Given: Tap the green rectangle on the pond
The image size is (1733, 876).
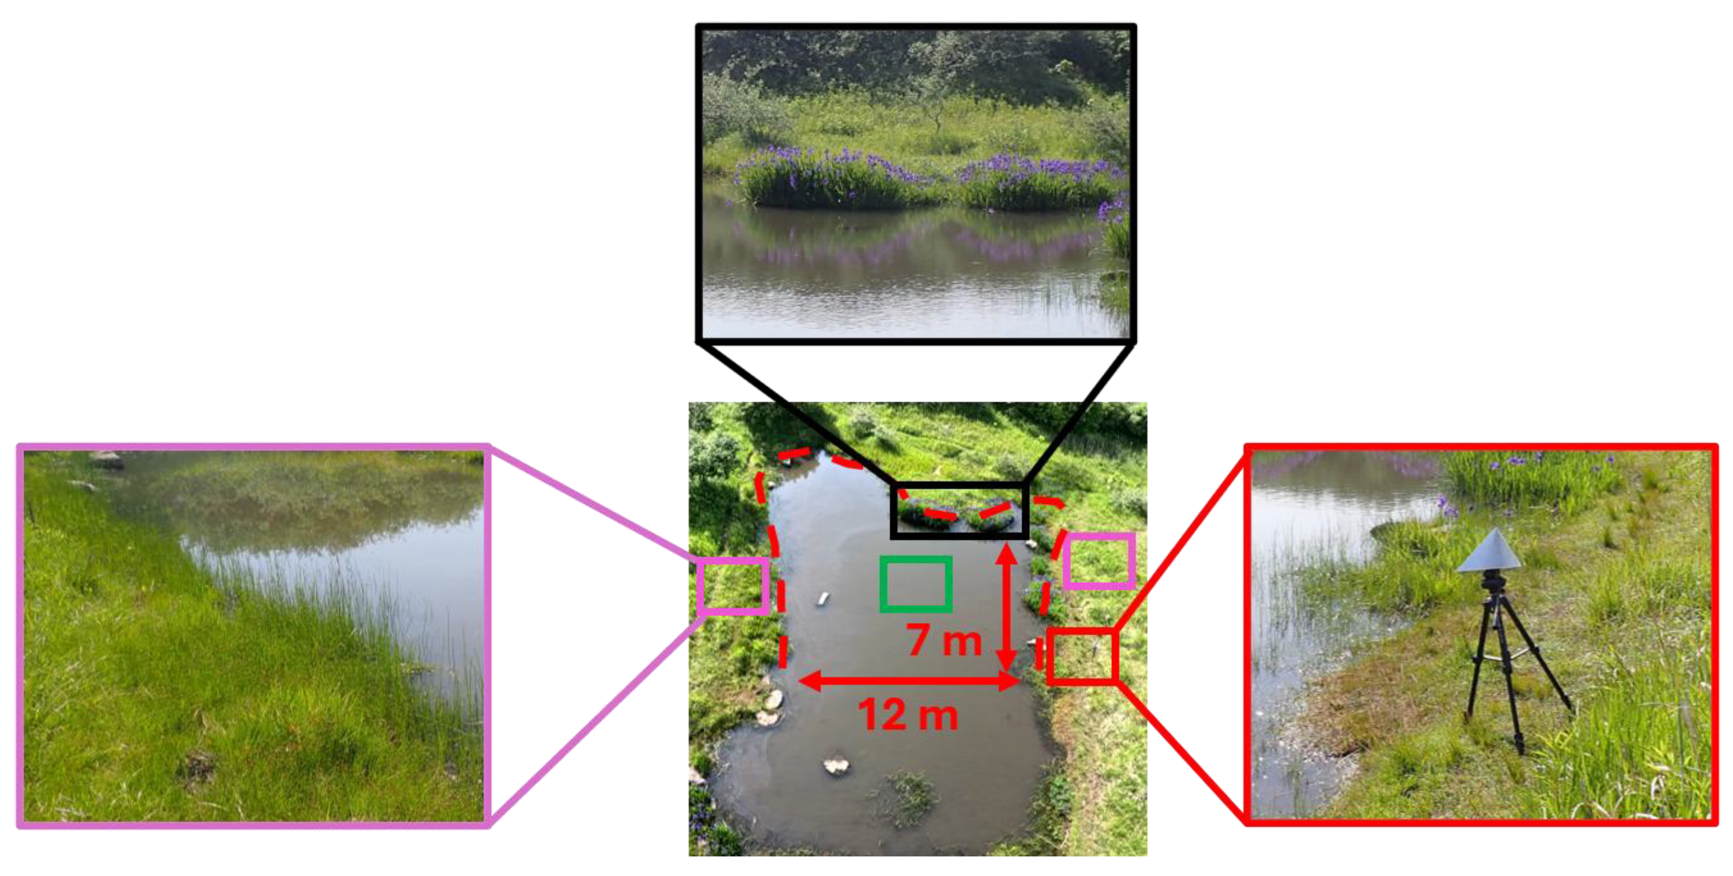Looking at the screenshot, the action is click(x=916, y=584).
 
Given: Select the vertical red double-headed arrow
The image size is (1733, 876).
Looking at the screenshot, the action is click(x=1006, y=608).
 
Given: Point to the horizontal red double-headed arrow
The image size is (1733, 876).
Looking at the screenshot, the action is click(x=909, y=681).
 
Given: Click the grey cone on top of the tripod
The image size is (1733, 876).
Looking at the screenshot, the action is click(x=1489, y=551).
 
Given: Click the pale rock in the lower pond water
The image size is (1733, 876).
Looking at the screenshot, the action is click(x=836, y=765).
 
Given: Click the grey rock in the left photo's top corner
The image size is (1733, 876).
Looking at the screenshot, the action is click(x=107, y=459).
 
